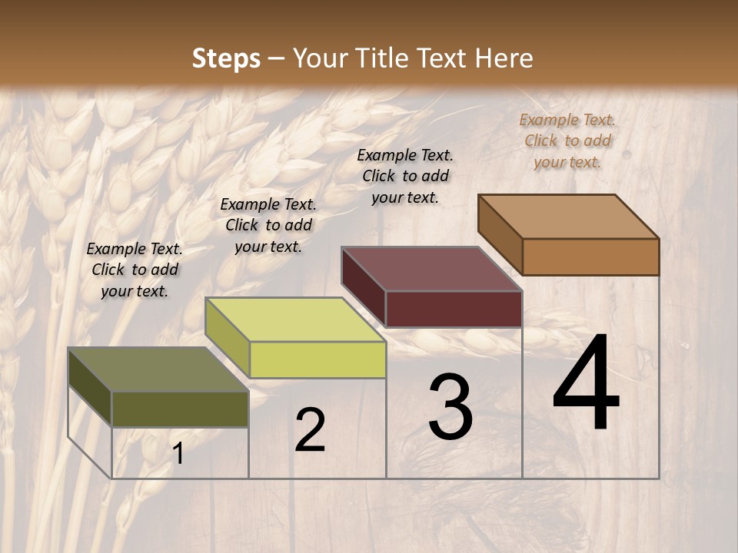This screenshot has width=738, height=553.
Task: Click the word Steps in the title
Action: click(x=226, y=58)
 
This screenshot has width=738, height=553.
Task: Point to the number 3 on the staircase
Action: click(x=450, y=407)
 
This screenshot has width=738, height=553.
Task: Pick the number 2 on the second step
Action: click(x=310, y=430)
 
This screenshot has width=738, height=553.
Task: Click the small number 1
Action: click(x=178, y=454)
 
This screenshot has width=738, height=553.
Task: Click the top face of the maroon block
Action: click(x=431, y=269)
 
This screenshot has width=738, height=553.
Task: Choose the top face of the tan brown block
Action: click(x=568, y=217)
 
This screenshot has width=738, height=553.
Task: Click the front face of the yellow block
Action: click(x=317, y=359)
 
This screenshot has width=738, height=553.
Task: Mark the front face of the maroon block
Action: click(x=454, y=309)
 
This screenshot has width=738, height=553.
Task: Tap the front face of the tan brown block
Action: click(x=590, y=257)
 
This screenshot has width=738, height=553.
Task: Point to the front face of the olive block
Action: click(x=180, y=409)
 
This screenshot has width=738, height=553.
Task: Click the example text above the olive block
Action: click(x=135, y=270)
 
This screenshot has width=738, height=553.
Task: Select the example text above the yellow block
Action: click(x=268, y=225)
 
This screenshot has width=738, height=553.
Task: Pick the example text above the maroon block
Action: click(x=405, y=176)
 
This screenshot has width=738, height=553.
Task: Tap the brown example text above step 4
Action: click(x=567, y=141)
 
